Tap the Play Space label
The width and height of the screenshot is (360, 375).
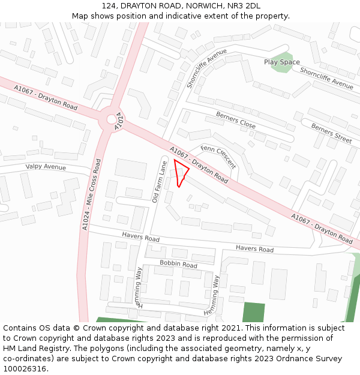point(282,62)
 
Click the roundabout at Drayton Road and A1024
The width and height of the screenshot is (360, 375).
point(112,119)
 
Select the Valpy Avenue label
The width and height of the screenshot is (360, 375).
point(46,167)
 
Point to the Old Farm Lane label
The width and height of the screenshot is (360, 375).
point(159,181)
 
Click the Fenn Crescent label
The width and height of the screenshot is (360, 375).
point(218,157)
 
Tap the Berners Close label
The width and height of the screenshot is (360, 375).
point(236,121)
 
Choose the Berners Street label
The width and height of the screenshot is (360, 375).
point(331,133)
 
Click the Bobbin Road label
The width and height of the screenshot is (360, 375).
point(178,265)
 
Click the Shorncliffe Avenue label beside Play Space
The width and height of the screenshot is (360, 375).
point(326,78)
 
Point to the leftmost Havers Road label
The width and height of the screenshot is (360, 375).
point(140,238)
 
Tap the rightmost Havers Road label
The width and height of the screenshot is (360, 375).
point(254,249)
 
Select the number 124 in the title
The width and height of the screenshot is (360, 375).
point(109,6)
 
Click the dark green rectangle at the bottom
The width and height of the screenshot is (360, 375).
point(253,313)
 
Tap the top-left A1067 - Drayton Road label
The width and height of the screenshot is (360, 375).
point(46,97)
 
